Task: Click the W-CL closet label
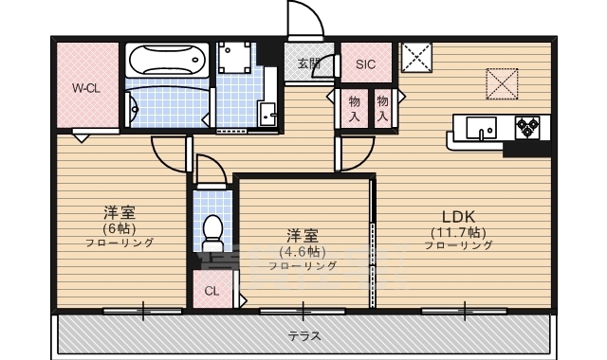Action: coord(85,88)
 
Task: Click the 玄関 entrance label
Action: coord(309,64)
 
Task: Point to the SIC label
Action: coord(365,64)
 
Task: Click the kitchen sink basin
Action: coord(479,128)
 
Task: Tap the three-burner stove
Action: coord(526,127)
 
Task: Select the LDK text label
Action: coord(458,215)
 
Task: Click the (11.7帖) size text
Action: coord(458,231)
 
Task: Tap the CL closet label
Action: coord(211,291)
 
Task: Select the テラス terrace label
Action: coord(303,335)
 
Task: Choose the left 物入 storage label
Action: coord(354,107)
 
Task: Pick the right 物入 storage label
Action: coord(383,107)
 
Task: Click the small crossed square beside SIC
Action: coord(415,58)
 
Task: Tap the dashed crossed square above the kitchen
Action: coord(503,81)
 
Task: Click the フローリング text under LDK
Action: coord(458,245)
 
